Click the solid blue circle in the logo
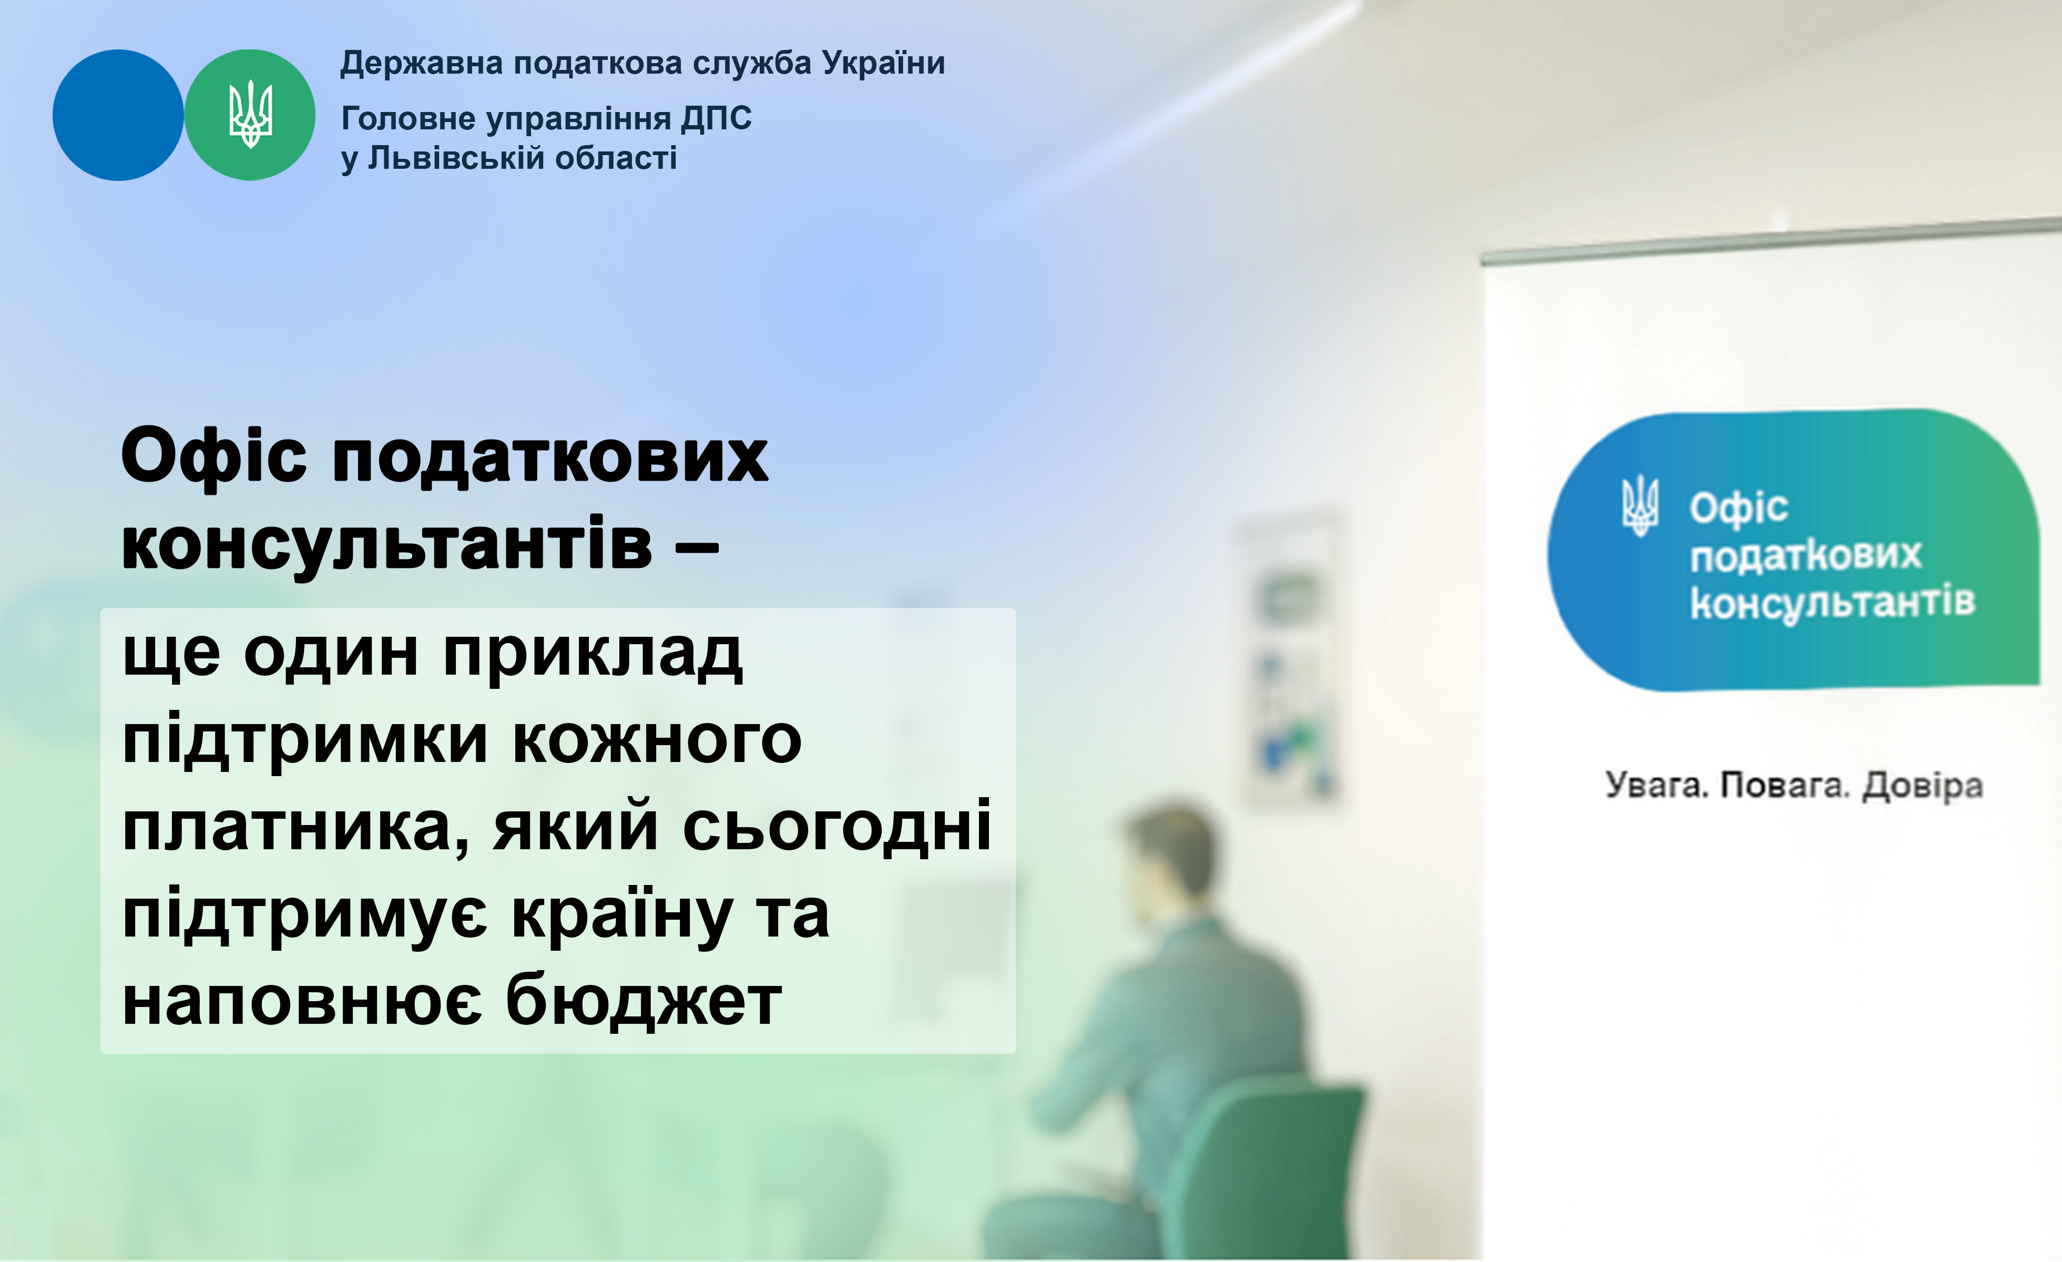click(x=118, y=115)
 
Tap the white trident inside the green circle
click(x=250, y=115)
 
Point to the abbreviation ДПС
click(x=717, y=119)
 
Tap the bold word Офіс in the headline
click(x=214, y=457)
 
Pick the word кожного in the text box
click(x=657, y=740)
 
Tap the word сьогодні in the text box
click(x=837, y=826)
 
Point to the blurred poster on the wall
click(x=1293, y=657)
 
